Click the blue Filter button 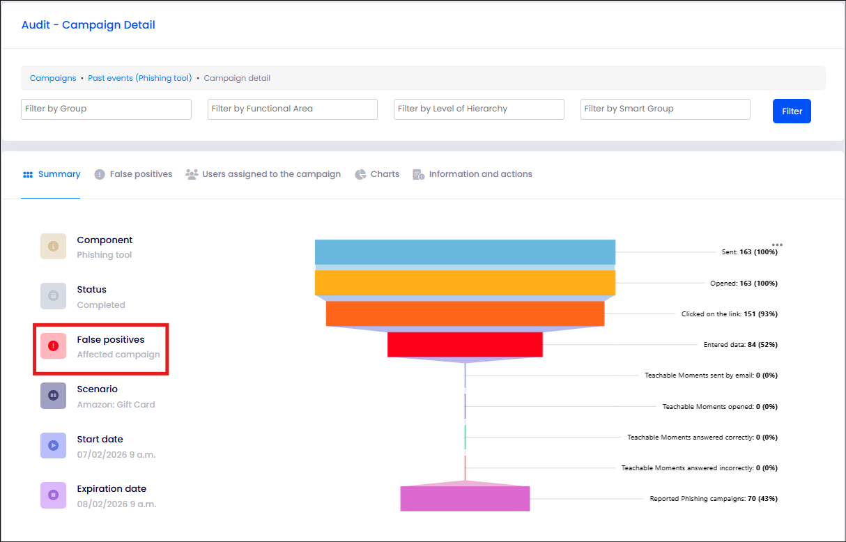792,111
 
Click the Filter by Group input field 106,109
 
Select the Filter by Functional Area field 292,109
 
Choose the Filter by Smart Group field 665,109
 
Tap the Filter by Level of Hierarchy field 479,109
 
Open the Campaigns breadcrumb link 53,78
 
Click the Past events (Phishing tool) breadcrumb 140,78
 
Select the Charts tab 377,174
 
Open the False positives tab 133,174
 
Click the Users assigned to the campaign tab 263,174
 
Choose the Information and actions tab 472,174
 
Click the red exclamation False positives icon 53,346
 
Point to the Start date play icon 53,445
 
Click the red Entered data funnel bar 465,345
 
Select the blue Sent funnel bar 465,252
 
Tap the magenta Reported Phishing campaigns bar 465,499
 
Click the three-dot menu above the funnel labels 777,245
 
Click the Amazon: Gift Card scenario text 116,405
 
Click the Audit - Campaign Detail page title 89,25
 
